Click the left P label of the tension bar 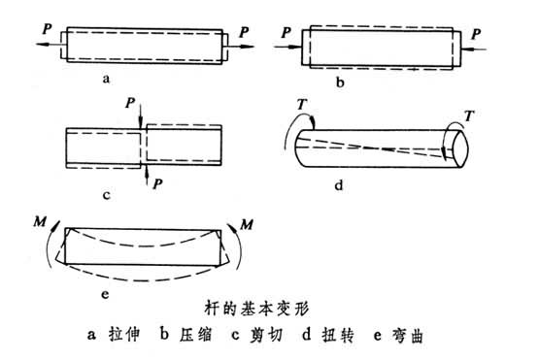click(47, 29)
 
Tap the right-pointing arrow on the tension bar click(241, 46)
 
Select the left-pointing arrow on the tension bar click(49, 44)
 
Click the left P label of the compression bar click(286, 33)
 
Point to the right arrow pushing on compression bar click(474, 49)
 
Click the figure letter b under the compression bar click(340, 82)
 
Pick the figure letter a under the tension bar click(106, 80)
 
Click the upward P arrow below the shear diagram click(147, 176)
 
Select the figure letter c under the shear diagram click(106, 195)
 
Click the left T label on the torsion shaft click(302, 104)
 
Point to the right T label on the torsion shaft click(469, 116)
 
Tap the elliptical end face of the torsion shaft click(459, 148)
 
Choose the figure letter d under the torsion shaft click(339, 185)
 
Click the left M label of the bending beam click(40, 222)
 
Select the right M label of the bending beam click(247, 225)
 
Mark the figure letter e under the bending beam click(105, 294)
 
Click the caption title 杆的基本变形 click(256, 309)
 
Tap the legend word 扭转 click(338, 335)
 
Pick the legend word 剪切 click(266, 335)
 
